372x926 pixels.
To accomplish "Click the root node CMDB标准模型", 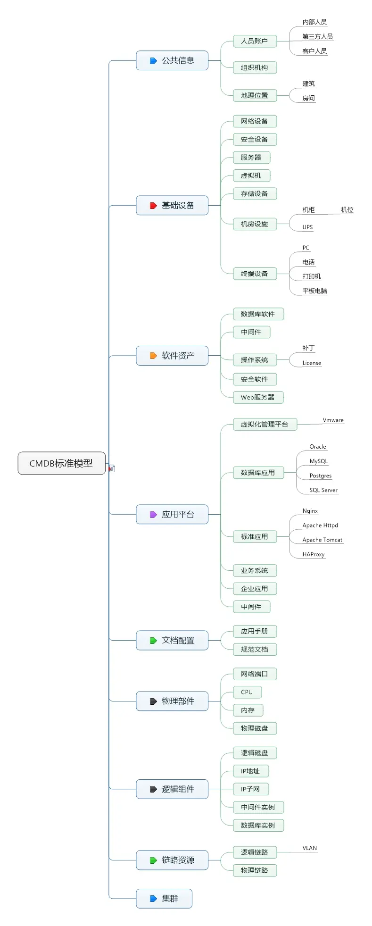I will pos(61,463).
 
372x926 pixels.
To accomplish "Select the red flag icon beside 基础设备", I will pos(153,206).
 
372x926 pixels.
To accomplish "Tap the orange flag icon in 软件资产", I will pos(153,356).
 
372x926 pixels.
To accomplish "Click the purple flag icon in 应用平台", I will pos(153,515).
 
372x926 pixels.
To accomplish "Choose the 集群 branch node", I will pos(164,899).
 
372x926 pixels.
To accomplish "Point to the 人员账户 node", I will pos(255,41).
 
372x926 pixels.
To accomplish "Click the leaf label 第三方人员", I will pos(317,36).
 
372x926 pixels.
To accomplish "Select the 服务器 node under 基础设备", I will pos(251,158).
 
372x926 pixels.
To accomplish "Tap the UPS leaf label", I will pos(307,227).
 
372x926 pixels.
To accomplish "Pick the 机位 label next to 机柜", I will pos(347,210).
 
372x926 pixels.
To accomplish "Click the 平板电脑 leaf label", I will pos(314,291).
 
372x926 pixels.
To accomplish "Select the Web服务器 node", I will pos(258,397).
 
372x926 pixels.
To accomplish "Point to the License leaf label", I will pos(312,363).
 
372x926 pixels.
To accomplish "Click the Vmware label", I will pos(333,420).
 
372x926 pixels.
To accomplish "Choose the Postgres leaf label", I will pos(321,476).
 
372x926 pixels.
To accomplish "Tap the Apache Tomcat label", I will pos(322,540).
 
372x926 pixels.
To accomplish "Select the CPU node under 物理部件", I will pos(247,692).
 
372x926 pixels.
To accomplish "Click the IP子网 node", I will pos(250,789).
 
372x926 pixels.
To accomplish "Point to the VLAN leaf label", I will pos(310,848).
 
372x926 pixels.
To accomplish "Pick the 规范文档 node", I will pos(255,649).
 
